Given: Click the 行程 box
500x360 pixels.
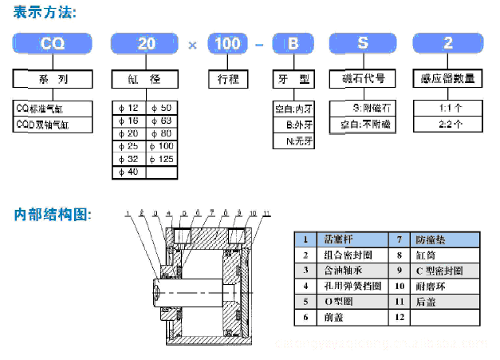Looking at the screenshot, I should (228, 79).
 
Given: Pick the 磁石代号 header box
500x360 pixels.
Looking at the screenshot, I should (363, 79).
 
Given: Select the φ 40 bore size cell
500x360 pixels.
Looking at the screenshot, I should (129, 172).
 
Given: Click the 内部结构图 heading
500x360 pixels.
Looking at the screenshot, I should (53, 215).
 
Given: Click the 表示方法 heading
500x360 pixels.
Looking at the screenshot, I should (47, 12).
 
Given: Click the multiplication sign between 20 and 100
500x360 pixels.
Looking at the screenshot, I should (192, 44).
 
